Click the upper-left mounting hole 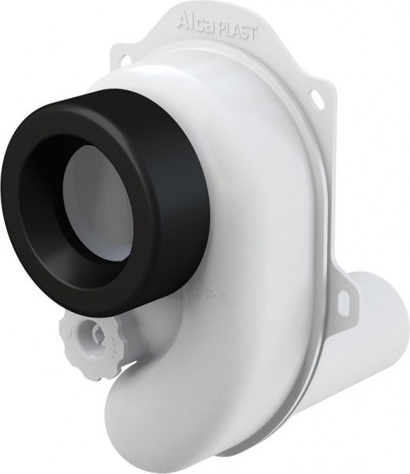coord(127,57)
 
